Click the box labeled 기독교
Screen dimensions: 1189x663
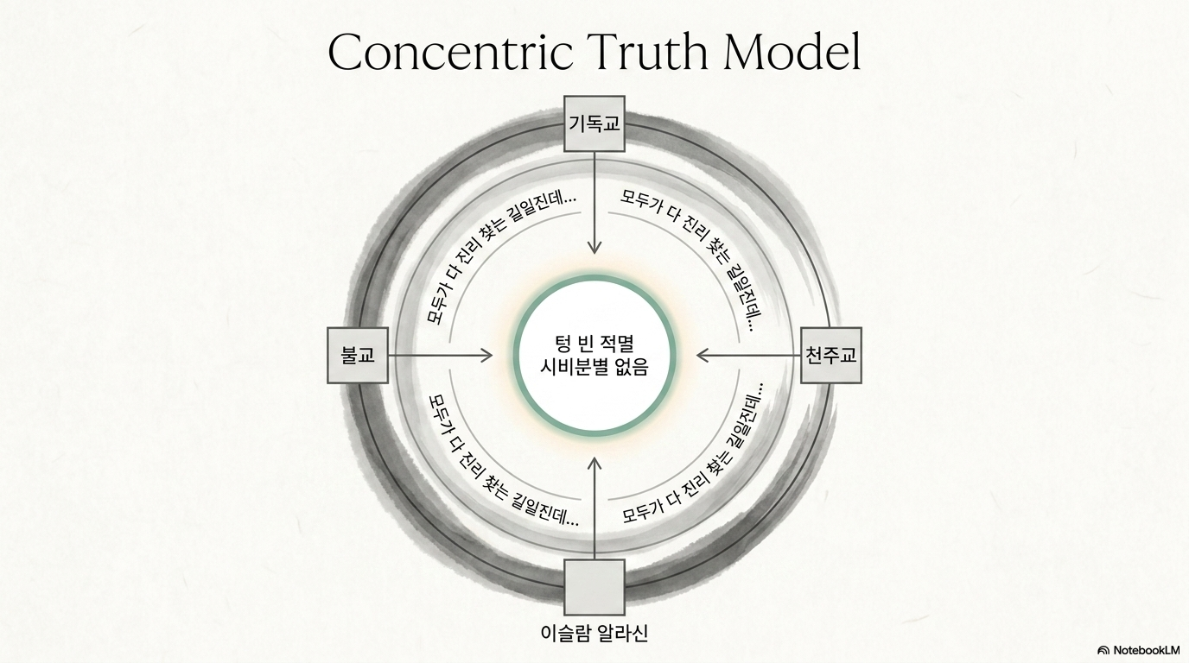tap(594, 123)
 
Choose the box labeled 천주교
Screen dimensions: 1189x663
tap(831, 355)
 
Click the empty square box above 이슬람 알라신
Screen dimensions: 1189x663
tap(594, 587)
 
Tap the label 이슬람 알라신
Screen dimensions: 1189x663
tap(594, 633)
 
